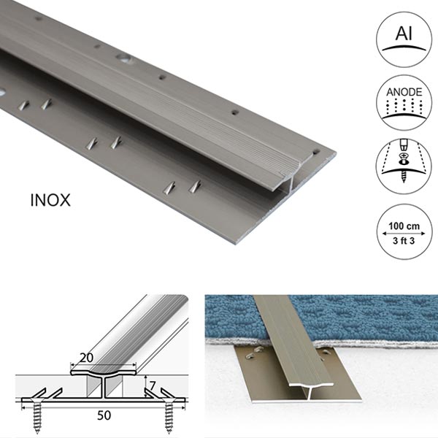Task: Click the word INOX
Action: click(x=50, y=199)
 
